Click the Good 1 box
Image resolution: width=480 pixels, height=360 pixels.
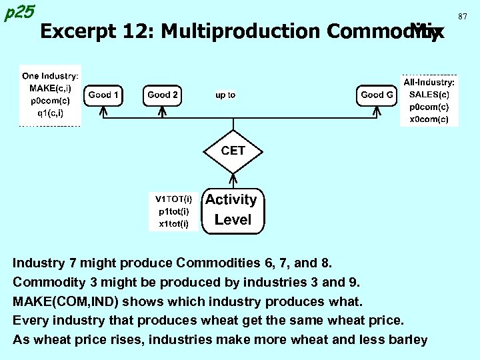coord(104,95)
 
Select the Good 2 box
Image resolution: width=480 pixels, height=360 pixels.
coord(163,95)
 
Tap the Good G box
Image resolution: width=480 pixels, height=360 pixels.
coord(376,95)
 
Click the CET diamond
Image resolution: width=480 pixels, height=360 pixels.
coord(233,151)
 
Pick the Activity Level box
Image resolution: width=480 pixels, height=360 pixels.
coord(233,209)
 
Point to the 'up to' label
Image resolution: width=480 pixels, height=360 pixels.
coord(225,95)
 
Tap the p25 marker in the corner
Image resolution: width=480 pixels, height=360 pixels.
coord(19,11)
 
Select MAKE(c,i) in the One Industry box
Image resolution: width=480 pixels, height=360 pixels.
coord(50,89)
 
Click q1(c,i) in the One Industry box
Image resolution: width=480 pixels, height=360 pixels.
coord(50,113)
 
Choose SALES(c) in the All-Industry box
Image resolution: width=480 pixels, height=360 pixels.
coord(429,95)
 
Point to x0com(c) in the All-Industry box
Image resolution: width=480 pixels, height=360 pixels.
coord(429,119)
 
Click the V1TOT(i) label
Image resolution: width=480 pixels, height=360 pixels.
coord(174,199)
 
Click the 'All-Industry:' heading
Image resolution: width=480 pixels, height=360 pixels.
coord(429,83)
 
